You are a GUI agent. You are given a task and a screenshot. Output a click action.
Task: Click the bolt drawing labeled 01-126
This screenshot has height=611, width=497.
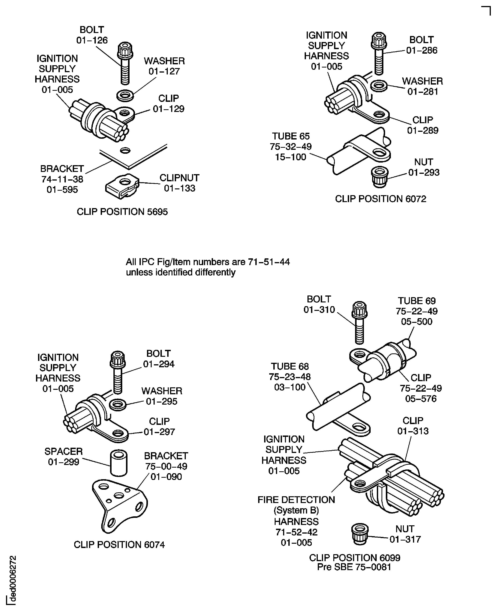[x=125, y=63]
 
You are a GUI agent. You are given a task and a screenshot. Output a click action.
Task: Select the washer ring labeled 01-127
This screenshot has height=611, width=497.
[x=125, y=95]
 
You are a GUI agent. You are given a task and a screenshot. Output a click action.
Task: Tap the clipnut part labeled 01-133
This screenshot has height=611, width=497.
[x=122, y=186]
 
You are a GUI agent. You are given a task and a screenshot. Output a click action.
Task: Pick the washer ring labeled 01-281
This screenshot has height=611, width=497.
[x=379, y=86]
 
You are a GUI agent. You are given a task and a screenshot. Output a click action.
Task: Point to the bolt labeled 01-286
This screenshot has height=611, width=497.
[x=379, y=54]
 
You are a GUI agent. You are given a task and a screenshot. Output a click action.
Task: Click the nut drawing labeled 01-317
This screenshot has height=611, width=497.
[x=360, y=534]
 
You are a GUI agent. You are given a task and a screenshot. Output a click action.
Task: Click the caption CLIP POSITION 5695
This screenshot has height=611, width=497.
[x=122, y=212]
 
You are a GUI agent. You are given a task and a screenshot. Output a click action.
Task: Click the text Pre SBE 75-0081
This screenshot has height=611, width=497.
[x=354, y=567]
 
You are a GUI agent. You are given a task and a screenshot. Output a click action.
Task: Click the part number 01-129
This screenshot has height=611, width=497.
[x=169, y=109]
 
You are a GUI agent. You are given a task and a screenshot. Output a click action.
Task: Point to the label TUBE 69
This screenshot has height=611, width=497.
[x=417, y=301]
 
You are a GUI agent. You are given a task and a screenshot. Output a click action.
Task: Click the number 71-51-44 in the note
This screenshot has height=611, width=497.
[x=269, y=262]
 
